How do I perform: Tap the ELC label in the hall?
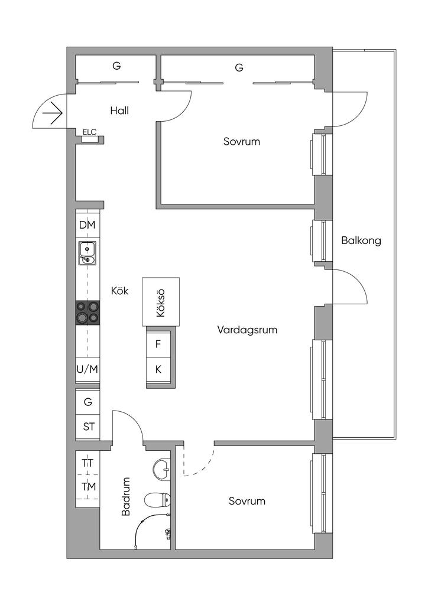tap(90, 132)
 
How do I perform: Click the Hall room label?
tap(119, 110)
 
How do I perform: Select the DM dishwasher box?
tap(87, 226)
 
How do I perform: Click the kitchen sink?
tap(87, 253)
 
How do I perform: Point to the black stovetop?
tap(87, 313)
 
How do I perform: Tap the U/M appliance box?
tap(87, 369)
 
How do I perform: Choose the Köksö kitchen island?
tap(160, 301)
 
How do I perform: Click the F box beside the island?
tap(158, 344)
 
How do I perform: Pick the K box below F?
tap(158, 370)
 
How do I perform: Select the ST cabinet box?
tap(88, 426)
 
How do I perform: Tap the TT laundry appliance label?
tap(87, 464)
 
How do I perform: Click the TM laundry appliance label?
tap(88, 487)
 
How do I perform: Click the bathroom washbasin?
tap(162, 470)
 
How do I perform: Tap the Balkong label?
tap(361, 240)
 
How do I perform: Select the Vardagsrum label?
tap(247, 330)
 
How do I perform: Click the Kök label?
tap(120, 291)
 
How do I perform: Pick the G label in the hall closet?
tap(116, 66)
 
